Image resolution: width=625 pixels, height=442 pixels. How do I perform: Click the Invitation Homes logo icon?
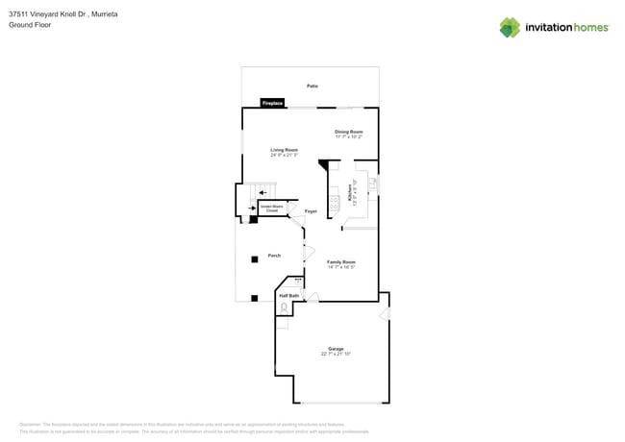coord(509,27)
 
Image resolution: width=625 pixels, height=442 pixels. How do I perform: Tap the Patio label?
coord(312,86)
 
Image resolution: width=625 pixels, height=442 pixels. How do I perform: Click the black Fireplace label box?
coord(273,103)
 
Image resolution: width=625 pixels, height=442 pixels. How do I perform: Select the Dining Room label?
coord(349,132)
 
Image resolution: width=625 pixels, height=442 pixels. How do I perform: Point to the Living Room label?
coord(284,150)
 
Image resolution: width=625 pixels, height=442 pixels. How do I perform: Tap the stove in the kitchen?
coord(335,203)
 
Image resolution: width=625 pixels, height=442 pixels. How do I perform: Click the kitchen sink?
coord(373,184)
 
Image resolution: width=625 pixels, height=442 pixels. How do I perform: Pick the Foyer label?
coord(311,211)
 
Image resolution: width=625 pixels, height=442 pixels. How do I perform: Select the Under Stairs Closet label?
coord(271,208)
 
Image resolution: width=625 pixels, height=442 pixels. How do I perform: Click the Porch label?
coord(274,256)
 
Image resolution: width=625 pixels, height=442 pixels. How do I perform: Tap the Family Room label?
coord(341,261)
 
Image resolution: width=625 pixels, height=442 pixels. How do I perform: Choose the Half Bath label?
coord(288,296)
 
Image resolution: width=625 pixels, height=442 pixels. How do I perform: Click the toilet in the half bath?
coord(285,307)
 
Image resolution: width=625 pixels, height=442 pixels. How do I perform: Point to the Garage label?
coord(336,349)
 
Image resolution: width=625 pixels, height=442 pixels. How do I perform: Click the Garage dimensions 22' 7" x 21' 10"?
coord(336,355)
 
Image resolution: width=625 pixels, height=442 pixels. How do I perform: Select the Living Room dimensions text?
coord(284,155)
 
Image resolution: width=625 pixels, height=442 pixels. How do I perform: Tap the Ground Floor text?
coord(30,25)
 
